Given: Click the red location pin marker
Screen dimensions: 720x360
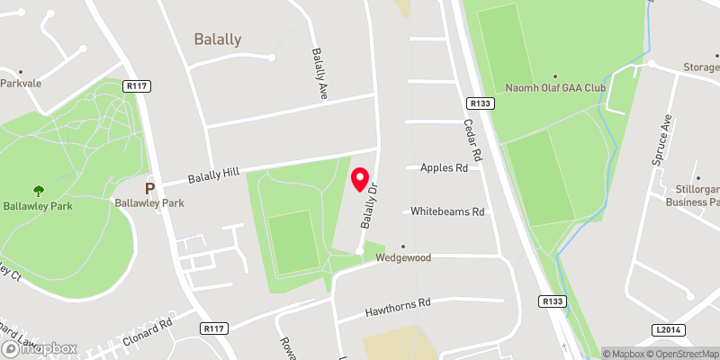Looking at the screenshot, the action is point(362,179).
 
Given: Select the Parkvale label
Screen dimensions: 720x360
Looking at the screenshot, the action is point(22,82).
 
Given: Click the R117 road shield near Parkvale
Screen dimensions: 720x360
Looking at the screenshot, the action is point(137,86).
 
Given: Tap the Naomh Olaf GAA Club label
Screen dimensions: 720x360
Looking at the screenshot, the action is point(555,89).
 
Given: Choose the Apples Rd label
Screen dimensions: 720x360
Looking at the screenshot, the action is point(445,167).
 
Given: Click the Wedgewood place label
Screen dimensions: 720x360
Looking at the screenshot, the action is point(403,257).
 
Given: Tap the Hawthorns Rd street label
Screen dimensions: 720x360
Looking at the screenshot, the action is point(399,307).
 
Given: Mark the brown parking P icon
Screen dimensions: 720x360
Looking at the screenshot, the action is point(150,189).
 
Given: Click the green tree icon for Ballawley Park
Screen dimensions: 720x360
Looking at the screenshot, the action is point(39,190).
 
